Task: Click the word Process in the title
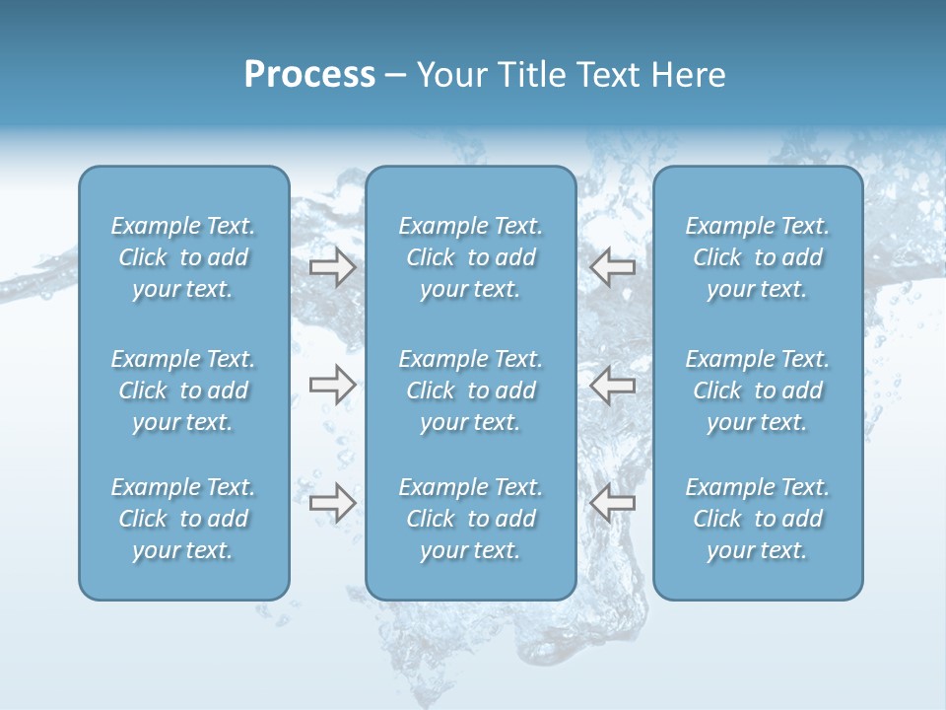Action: [309, 75]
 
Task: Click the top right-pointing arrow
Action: [332, 266]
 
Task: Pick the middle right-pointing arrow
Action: [332, 385]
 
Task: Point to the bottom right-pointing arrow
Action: [332, 503]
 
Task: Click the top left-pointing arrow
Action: [612, 266]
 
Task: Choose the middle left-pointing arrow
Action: [612, 385]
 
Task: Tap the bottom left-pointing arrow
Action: [612, 503]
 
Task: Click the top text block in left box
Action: [183, 257]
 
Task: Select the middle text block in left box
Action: [183, 390]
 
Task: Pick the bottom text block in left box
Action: [183, 519]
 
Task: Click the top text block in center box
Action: [471, 257]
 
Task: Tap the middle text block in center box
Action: [471, 390]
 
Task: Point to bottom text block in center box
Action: [471, 519]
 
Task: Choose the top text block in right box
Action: [758, 257]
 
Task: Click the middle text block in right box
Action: [758, 390]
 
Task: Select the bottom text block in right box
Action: [758, 519]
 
